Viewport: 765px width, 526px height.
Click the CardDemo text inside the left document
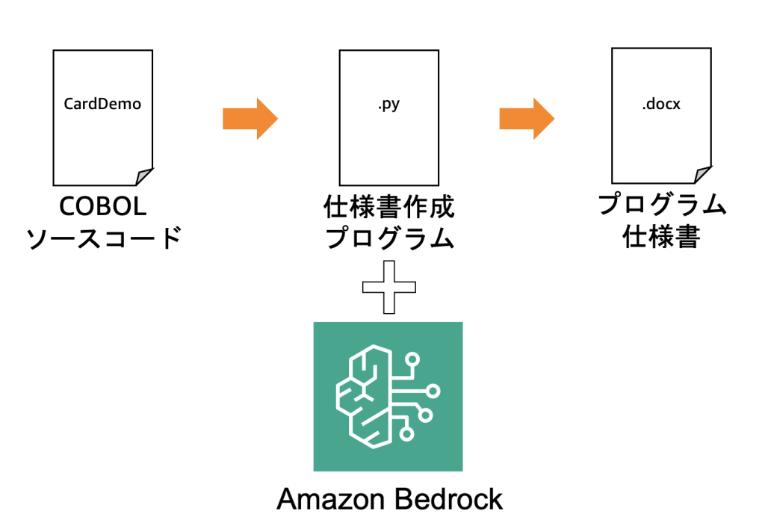pos(102,104)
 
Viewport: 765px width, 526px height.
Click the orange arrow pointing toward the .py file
pos(250,118)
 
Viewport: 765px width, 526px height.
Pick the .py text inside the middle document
pos(388,105)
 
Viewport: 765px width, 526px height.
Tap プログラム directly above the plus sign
pos(388,238)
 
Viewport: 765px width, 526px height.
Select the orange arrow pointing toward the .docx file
pos(527,118)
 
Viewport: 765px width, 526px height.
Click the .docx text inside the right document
pos(660,105)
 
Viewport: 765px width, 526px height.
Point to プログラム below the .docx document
pos(662,205)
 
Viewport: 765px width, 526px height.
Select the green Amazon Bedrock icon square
pos(388,397)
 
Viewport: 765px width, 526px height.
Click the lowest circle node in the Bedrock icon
pos(407,433)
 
